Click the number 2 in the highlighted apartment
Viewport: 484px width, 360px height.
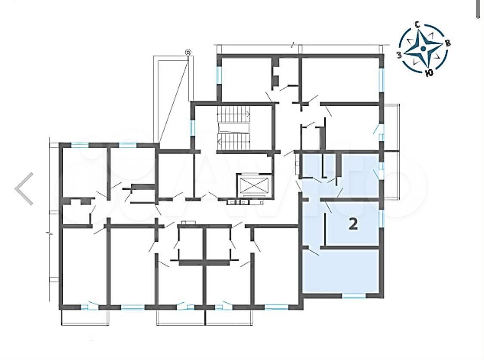[x=353, y=224]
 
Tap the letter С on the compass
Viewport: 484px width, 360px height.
[x=417, y=25]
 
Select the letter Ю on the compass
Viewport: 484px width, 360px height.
[x=429, y=73]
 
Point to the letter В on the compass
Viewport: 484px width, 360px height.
[x=447, y=43]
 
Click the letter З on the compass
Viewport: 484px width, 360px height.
[x=399, y=55]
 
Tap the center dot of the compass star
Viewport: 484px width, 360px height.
[x=423, y=49]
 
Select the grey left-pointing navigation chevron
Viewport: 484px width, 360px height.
[x=24, y=188]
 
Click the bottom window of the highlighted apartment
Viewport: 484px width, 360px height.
[x=354, y=295]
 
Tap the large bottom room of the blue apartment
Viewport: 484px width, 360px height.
[x=340, y=271]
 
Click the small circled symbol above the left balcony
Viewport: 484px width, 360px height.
[x=188, y=52]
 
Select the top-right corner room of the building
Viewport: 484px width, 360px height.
[x=340, y=79]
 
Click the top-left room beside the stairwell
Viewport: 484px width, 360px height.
[x=246, y=79]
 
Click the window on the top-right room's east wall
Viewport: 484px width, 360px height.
[x=382, y=80]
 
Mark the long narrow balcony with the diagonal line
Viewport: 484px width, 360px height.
[x=173, y=99]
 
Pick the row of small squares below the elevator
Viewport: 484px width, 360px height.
[x=246, y=202]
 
